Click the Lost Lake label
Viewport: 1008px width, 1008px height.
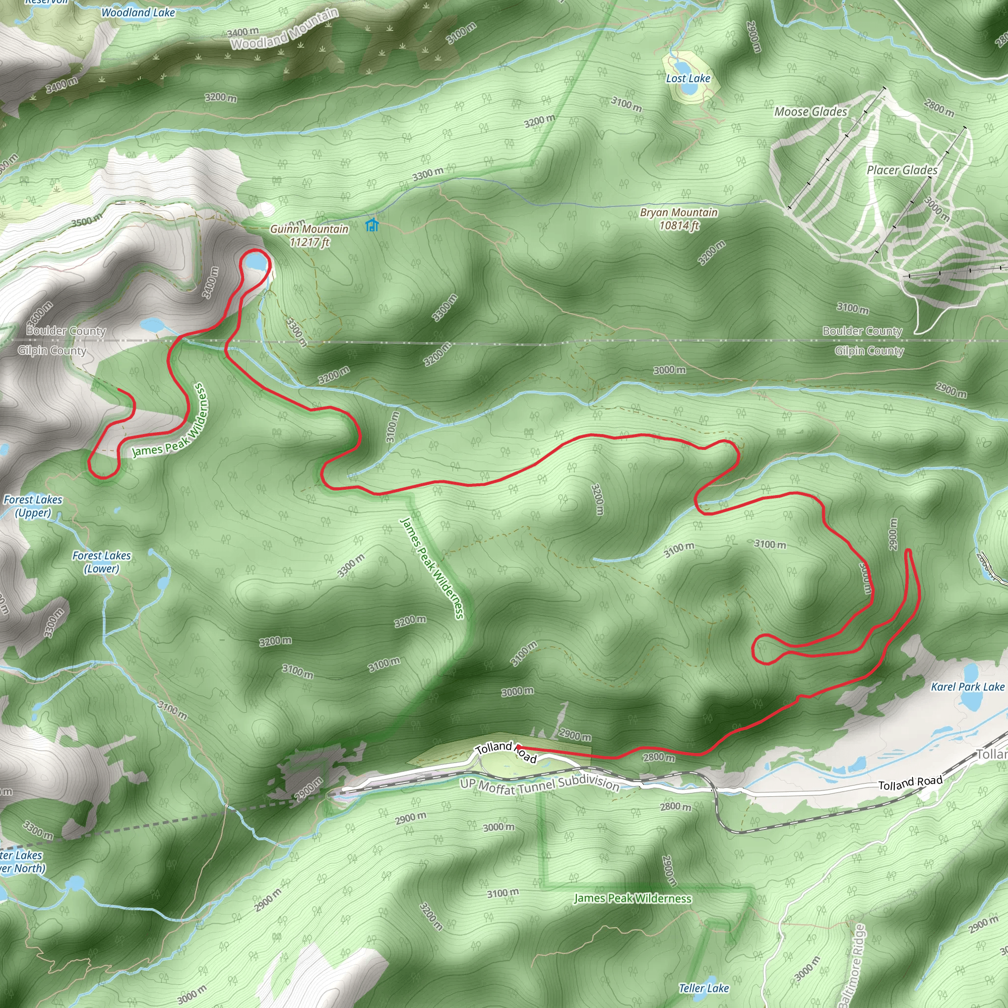688,79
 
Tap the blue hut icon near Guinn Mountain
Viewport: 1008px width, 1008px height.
372,225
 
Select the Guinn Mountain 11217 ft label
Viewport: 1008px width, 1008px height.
310,235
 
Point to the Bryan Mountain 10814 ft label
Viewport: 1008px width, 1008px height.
678,219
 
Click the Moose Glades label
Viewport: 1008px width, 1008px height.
810,112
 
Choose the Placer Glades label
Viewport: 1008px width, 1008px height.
902,170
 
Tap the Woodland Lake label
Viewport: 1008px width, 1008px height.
138,12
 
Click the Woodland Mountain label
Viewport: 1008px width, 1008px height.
285,30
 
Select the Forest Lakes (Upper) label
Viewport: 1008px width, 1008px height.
33,506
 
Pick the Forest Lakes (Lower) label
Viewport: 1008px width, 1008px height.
102,562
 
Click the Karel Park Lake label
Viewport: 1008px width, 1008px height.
967,687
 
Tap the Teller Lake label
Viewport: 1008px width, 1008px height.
703,988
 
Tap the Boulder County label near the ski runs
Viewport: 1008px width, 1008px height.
862,331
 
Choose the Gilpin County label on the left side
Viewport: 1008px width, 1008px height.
52,350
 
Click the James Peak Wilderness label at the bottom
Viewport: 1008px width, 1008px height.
632,898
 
